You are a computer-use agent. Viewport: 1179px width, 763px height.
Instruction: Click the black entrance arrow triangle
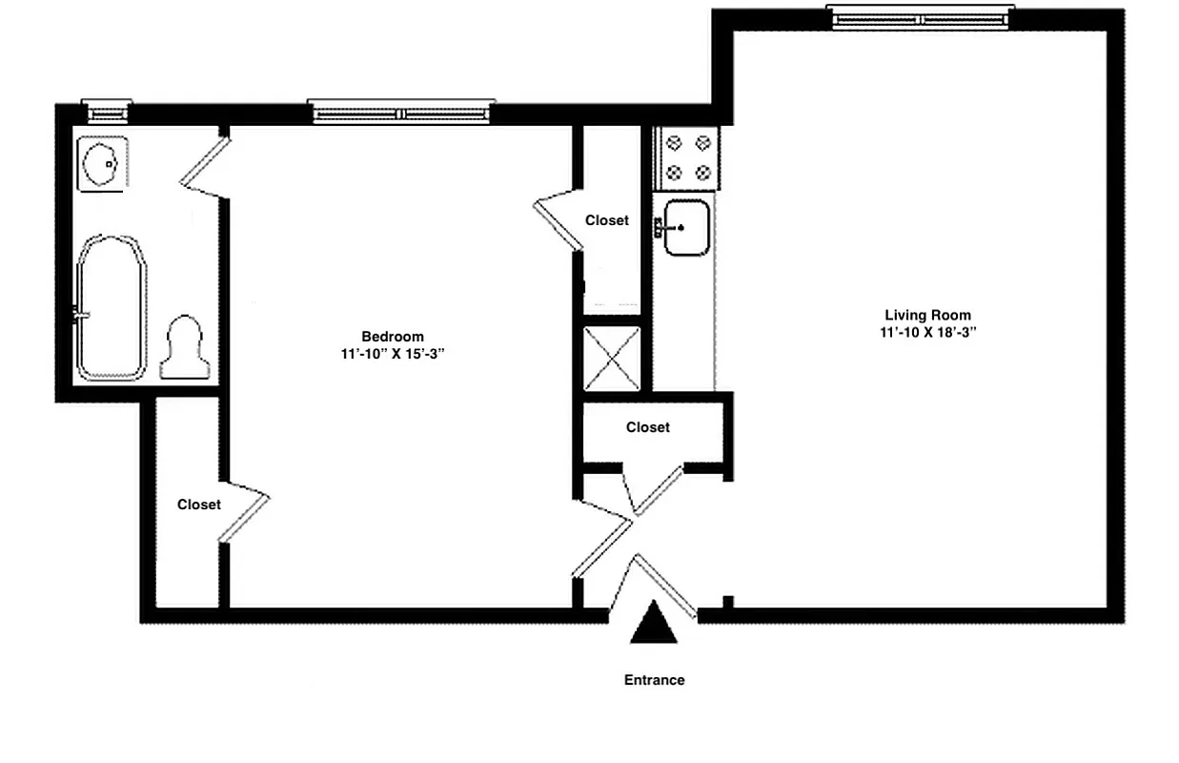[655, 624]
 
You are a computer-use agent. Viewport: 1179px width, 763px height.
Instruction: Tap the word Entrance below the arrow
[654, 680]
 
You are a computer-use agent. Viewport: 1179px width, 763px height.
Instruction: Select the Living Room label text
[927, 315]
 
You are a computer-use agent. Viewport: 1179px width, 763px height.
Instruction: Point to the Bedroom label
[392, 336]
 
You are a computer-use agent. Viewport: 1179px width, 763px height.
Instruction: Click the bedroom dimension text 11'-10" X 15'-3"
[392, 353]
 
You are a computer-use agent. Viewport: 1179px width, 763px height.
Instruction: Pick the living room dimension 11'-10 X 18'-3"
[927, 332]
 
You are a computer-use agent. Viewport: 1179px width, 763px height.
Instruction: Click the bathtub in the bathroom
[111, 308]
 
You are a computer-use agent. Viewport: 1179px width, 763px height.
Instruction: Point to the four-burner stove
[687, 157]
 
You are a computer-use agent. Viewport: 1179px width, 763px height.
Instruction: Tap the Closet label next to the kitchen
[607, 220]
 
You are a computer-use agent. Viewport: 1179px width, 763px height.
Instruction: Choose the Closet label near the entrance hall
[647, 427]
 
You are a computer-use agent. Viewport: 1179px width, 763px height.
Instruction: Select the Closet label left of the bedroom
[198, 505]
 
